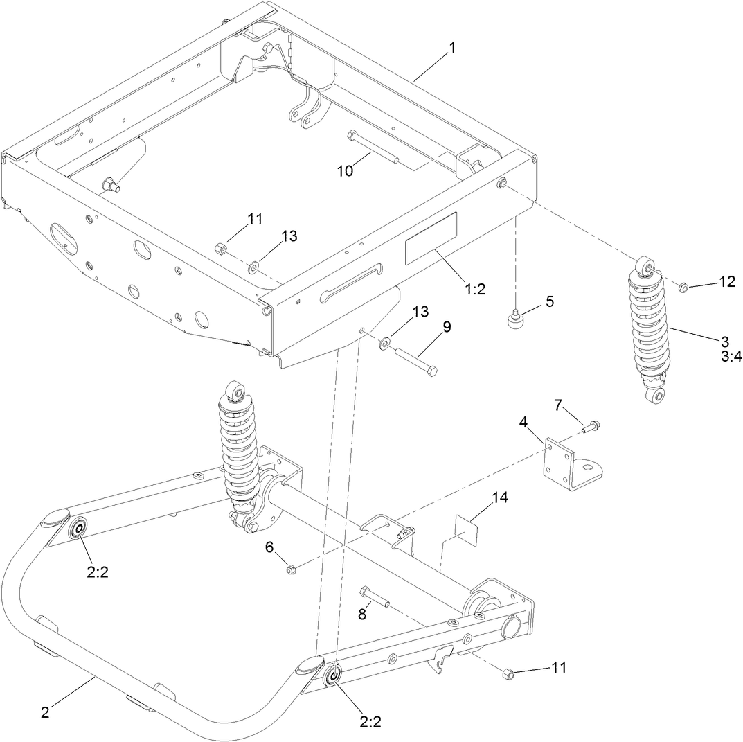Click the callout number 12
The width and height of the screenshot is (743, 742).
pyautogui.click(x=726, y=281)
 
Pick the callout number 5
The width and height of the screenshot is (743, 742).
pyautogui.click(x=549, y=301)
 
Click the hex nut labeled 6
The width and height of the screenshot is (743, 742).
pyautogui.click(x=291, y=569)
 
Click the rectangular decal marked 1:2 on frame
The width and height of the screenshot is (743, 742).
pyautogui.click(x=431, y=238)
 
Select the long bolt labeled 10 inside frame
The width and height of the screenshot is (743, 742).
pyautogui.click(x=373, y=148)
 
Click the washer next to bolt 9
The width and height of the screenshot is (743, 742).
pyautogui.click(x=385, y=342)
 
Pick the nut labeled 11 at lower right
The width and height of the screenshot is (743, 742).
pyautogui.click(x=507, y=673)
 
